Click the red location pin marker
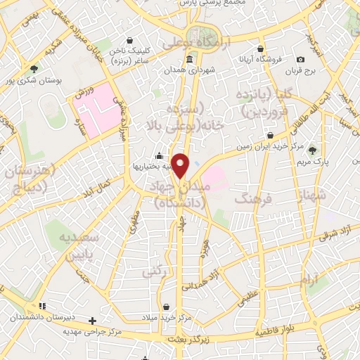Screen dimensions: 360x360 [x=181, y=165]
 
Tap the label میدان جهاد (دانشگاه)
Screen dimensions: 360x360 [x=179, y=193]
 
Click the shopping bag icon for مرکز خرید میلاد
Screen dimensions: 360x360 [x=166, y=307]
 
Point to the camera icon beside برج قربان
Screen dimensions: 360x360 [x=300, y=60]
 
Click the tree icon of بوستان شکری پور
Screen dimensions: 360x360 [x=34, y=68]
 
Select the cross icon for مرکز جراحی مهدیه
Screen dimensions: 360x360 [x=92, y=321]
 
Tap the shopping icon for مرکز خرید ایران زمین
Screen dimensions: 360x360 [x=270, y=135]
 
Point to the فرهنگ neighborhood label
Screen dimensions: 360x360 [x=243, y=200]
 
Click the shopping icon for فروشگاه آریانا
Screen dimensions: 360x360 [x=261, y=49]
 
